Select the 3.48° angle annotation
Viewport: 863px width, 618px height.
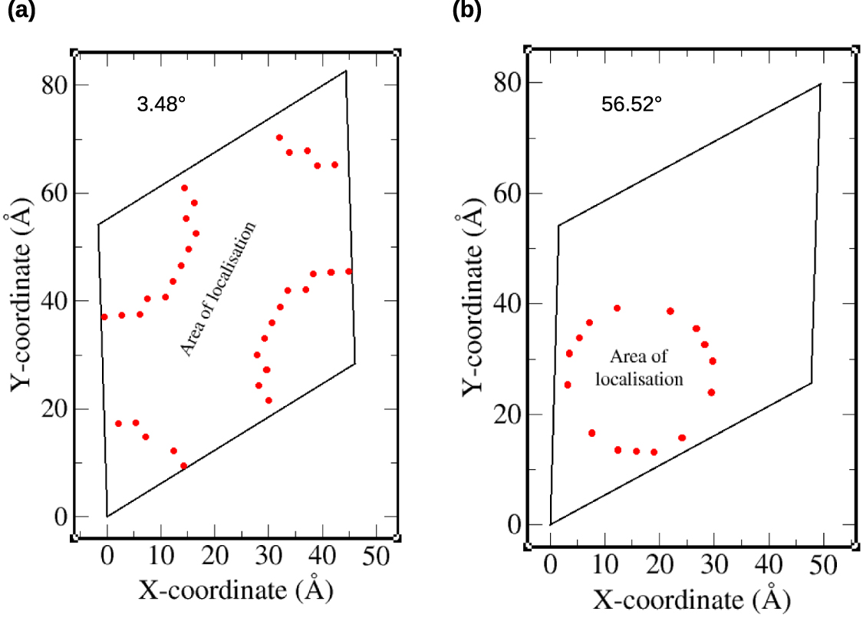[161, 104]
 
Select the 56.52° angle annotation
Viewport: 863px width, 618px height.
[631, 104]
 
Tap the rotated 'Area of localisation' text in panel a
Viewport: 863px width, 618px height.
[218, 289]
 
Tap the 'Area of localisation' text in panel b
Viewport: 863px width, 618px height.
[640, 367]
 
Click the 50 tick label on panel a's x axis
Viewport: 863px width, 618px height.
[376, 558]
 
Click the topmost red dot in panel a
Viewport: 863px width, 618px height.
[279, 137]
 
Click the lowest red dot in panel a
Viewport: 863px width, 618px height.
[183, 466]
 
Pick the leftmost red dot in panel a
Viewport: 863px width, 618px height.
[104, 316]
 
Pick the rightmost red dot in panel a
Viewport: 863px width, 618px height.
[349, 271]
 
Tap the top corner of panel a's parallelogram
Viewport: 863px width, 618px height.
[346, 71]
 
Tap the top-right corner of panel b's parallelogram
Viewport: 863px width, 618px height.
[820, 84]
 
